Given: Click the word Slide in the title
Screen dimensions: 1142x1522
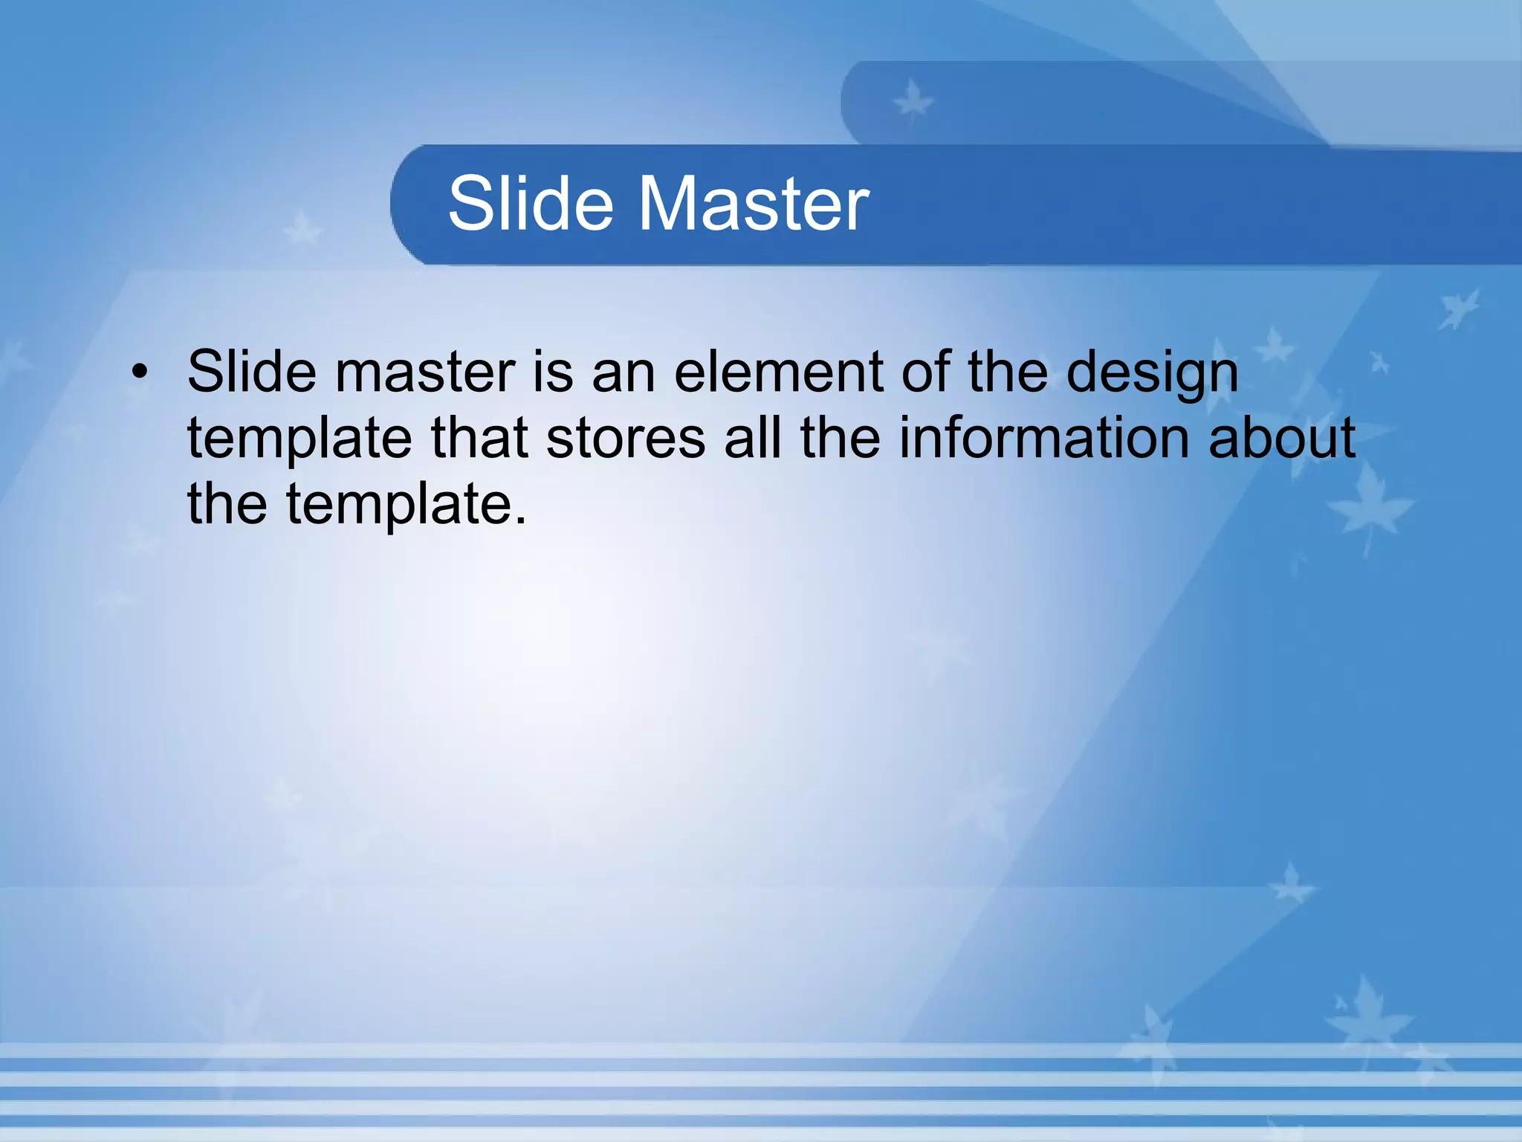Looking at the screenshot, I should click(531, 203).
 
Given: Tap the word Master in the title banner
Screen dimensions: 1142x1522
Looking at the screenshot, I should click(754, 203).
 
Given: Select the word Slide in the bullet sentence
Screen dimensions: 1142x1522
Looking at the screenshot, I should click(251, 371).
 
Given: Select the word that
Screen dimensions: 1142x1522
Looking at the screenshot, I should click(479, 437).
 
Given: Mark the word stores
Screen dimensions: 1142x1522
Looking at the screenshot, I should click(626, 437).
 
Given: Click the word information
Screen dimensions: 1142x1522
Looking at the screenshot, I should click(1044, 437).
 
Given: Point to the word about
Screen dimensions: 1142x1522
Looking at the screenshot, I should click(1282, 437).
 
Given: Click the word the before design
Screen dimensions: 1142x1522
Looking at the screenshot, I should click(1007, 371).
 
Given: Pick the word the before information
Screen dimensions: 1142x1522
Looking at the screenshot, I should click(841, 437).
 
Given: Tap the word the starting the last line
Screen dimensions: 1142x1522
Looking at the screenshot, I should click(227, 503).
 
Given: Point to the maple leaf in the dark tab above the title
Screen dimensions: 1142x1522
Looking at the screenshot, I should click(912, 102).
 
